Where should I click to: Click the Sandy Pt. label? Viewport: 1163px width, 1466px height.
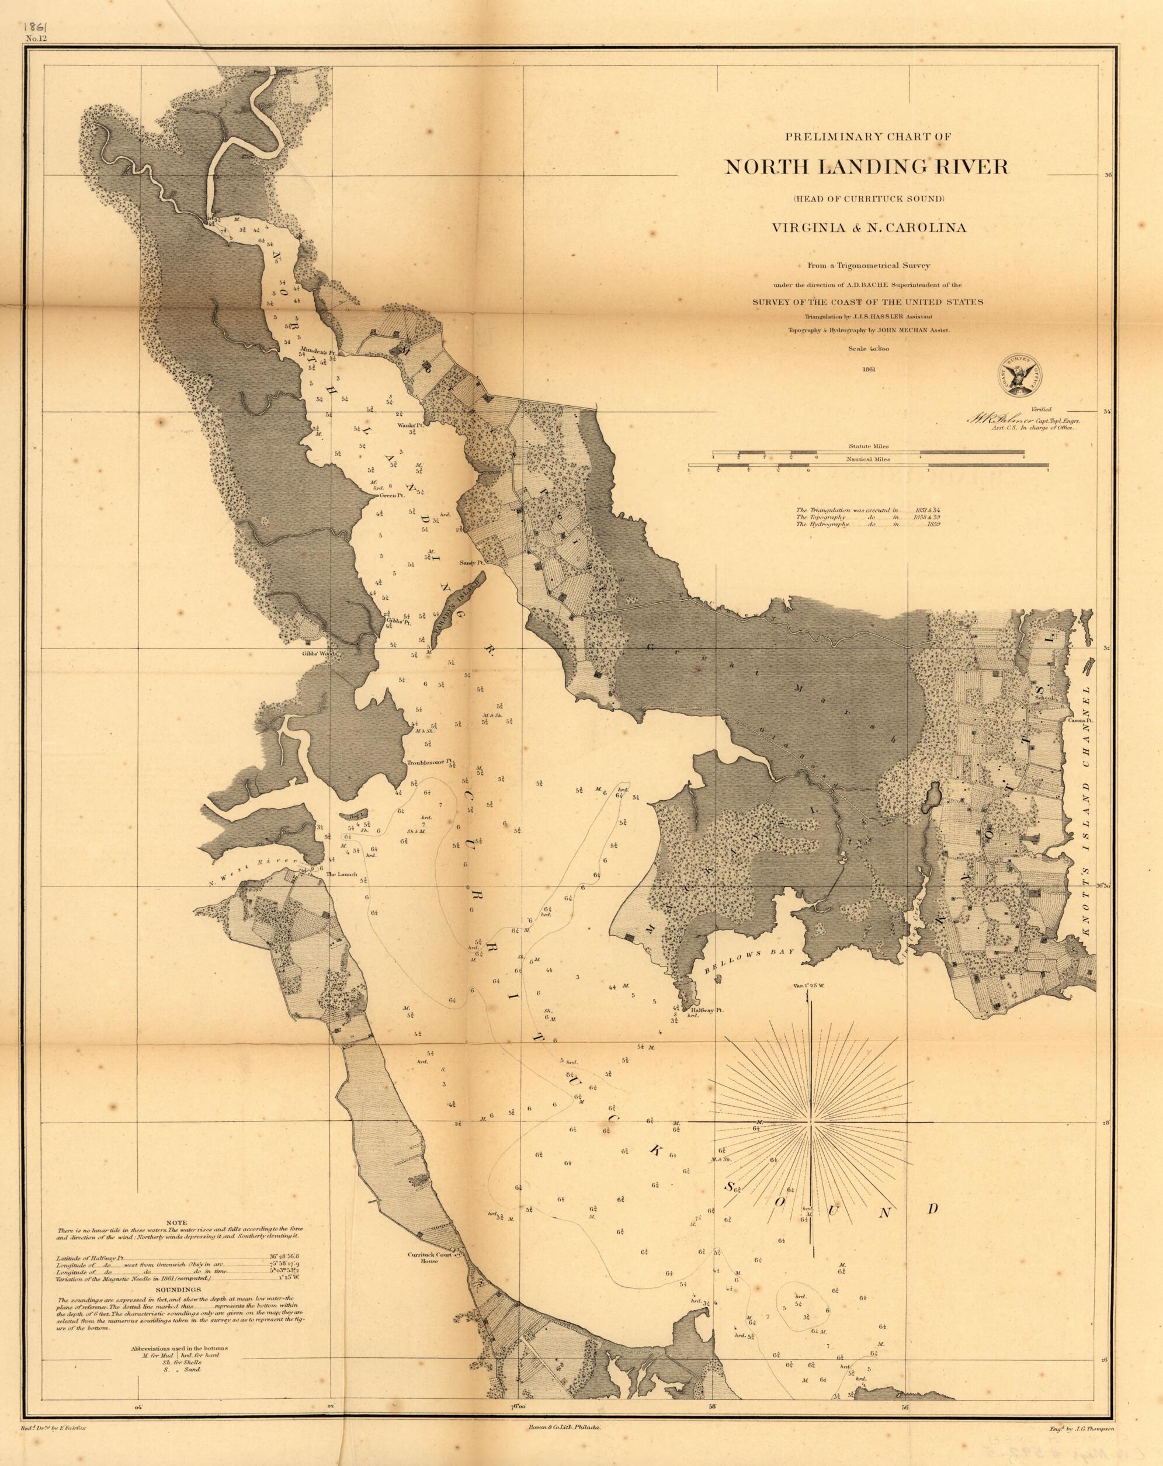471,563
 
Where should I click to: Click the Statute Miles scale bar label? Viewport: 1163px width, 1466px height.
868,447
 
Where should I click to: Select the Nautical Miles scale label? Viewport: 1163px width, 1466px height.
868,460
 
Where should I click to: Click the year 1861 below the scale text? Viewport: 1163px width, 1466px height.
867,370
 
